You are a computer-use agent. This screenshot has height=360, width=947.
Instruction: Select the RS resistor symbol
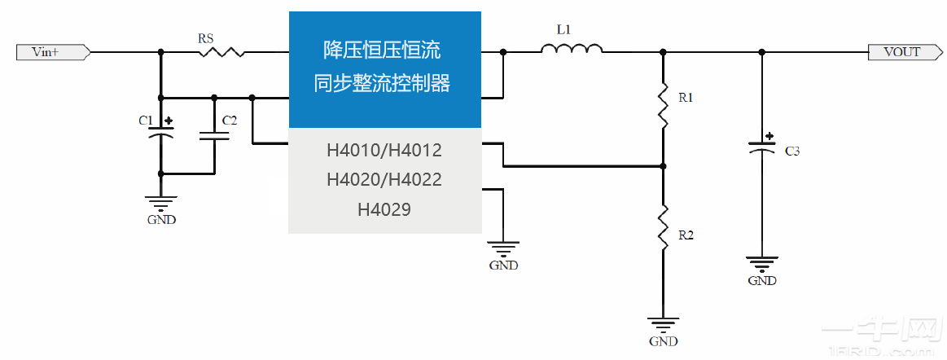click(221, 52)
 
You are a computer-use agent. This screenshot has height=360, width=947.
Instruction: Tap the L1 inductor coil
click(572, 50)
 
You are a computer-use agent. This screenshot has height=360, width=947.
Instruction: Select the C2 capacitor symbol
click(214, 134)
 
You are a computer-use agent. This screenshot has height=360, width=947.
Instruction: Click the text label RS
click(207, 37)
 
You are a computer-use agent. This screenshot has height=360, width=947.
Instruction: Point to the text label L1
click(563, 30)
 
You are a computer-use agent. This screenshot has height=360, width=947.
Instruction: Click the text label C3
click(792, 151)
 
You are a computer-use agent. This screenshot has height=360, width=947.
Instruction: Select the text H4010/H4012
click(384, 151)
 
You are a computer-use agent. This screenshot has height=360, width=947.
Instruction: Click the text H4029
click(384, 209)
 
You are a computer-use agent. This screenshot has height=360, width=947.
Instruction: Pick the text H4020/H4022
click(384, 180)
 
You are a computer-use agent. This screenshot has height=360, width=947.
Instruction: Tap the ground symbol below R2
click(663, 326)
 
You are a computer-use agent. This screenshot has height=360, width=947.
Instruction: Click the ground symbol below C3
click(762, 265)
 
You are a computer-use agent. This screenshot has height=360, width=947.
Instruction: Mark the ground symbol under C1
click(160, 204)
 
